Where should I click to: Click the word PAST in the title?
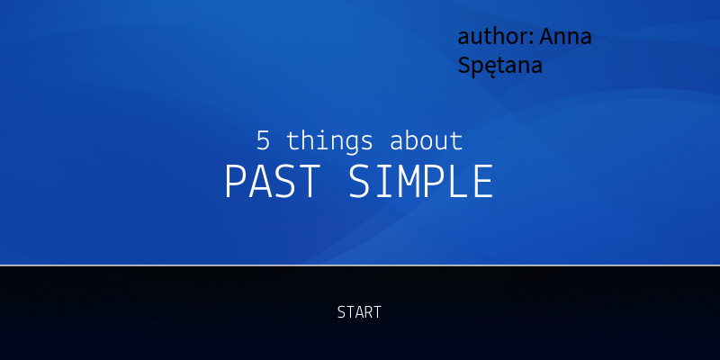click(x=271, y=182)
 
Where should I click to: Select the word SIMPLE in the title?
click(x=420, y=182)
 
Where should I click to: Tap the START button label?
click(x=359, y=312)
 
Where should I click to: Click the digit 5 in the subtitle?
click(x=263, y=140)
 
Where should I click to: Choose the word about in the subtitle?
click(x=426, y=140)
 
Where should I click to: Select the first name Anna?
click(x=565, y=37)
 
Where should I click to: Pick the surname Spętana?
click(x=499, y=66)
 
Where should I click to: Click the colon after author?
click(x=534, y=39)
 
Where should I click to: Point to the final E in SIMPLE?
click(x=483, y=182)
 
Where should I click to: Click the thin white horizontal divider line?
click(x=360, y=265)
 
